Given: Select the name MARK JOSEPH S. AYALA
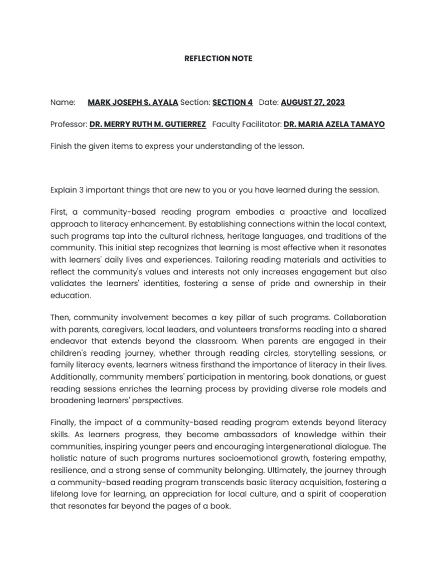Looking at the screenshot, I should (133, 103).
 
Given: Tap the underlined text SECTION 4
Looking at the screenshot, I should (233, 103).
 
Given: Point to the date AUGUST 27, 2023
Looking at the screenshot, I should (313, 103).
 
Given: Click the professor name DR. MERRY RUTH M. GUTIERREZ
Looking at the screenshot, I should (148, 124).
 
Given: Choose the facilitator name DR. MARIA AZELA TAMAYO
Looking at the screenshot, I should (334, 124).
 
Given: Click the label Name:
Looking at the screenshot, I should (62, 103).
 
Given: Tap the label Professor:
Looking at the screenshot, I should (69, 124).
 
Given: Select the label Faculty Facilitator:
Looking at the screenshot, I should (247, 124).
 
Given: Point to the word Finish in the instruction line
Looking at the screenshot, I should (61, 146).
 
